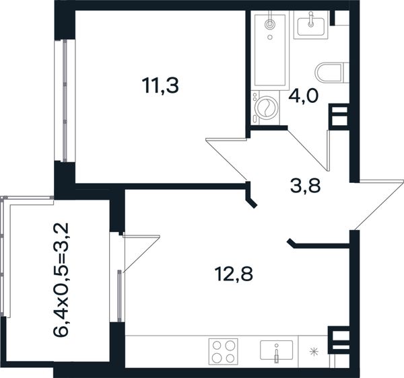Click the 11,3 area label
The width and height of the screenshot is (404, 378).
[160, 85]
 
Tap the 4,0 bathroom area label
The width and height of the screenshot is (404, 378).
[304, 96]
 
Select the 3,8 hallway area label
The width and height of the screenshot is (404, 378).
[305, 186]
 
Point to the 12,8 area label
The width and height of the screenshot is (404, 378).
[234, 274]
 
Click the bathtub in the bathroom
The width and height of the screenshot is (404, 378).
[270, 50]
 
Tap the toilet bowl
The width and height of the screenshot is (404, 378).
[332, 73]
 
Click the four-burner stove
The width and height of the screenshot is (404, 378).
[223, 351]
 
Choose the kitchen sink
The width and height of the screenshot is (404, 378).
[277, 350]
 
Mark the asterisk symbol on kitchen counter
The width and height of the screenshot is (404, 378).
[314, 351]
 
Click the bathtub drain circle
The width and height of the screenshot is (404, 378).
[270, 37]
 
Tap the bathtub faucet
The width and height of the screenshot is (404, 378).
[270, 23]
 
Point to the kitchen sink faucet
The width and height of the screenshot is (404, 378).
[277, 353]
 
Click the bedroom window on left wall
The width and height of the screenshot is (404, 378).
[65, 101]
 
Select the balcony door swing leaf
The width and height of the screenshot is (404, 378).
[141, 254]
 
